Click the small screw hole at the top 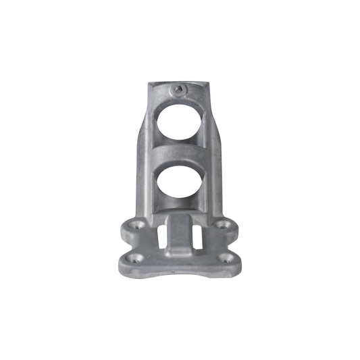pos(180,88)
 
